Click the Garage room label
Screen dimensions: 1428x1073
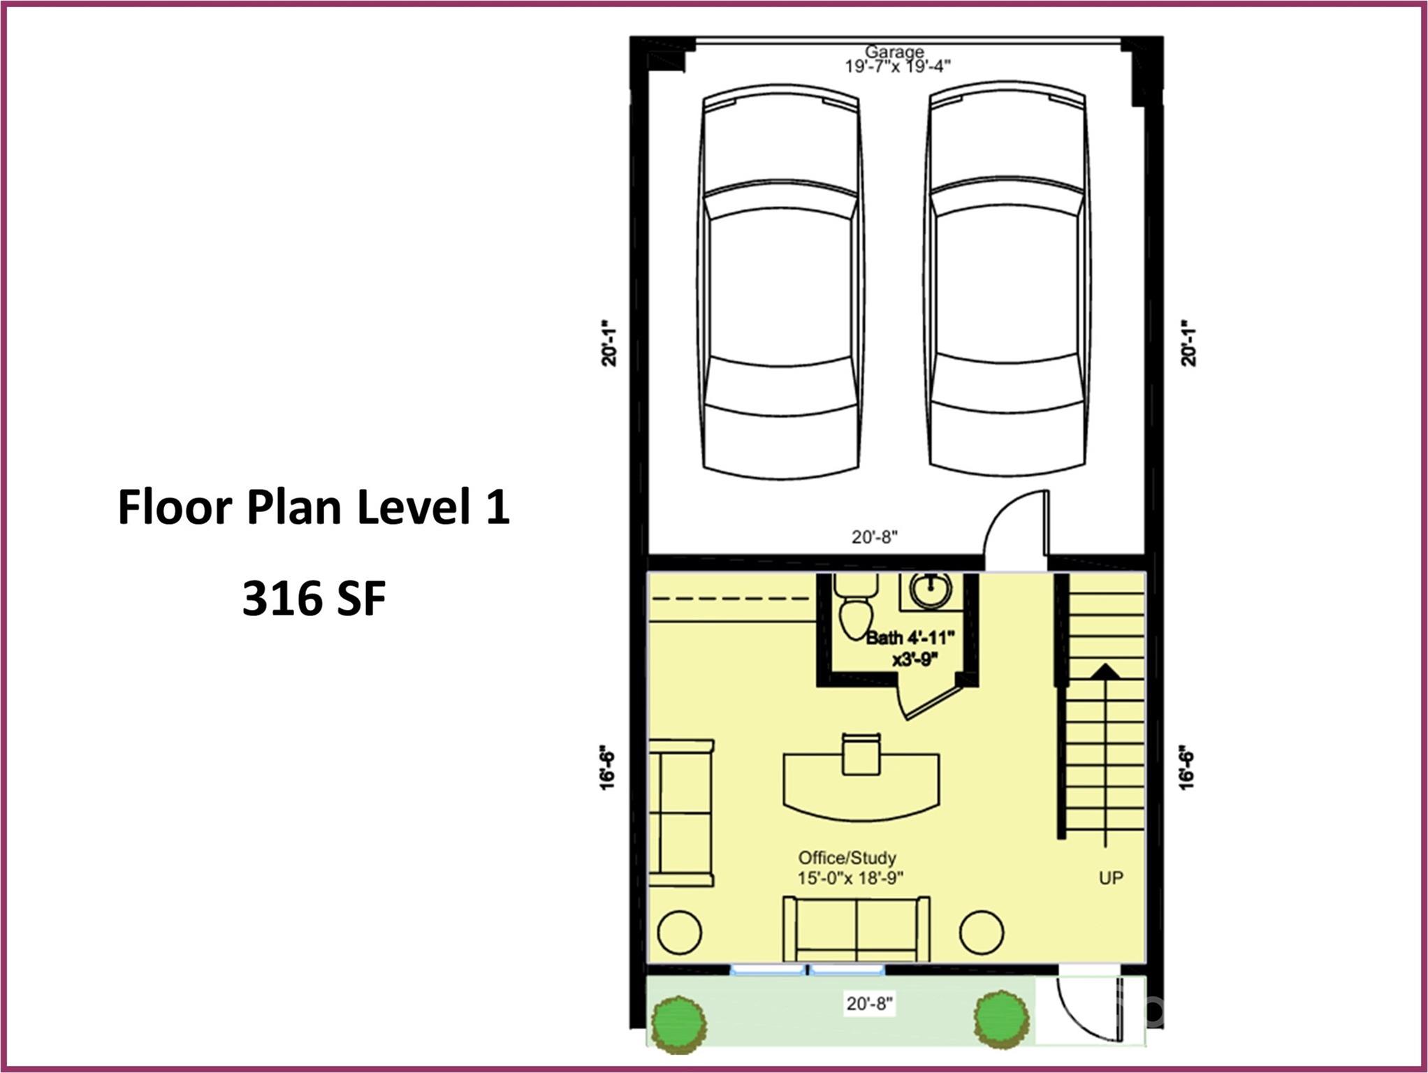[x=894, y=52]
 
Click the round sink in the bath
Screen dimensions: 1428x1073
[x=931, y=590]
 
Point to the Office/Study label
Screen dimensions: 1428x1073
[x=847, y=857]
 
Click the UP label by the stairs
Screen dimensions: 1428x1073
[x=1111, y=877]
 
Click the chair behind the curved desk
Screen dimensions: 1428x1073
[x=861, y=754]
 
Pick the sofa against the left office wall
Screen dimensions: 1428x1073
[x=681, y=813]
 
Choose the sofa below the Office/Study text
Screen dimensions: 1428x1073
[x=857, y=930]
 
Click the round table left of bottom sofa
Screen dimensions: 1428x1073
[x=680, y=933]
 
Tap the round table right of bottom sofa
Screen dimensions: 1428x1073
[x=982, y=933]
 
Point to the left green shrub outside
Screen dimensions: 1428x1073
[x=678, y=1024]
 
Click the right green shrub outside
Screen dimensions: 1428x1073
[x=1001, y=1020]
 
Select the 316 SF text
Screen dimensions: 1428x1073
[x=314, y=599]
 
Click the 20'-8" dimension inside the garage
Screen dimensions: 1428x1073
[x=874, y=536]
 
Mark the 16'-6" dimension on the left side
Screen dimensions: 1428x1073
[x=607, y=768]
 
